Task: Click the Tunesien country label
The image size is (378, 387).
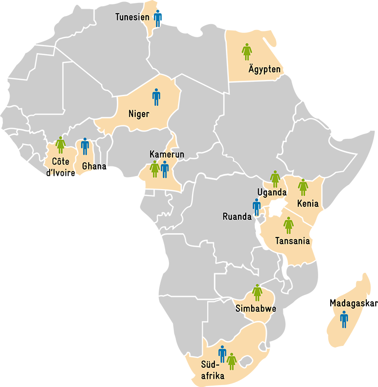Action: pos(132,17)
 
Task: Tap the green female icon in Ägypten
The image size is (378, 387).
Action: pos(247,52)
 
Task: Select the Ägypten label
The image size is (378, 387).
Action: pos(264,69)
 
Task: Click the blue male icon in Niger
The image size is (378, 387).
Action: pos(156,97)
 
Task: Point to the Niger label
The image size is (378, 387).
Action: pos(139,114)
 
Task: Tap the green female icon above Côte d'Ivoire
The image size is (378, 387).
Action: pos(60,145)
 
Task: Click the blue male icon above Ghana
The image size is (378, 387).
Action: pos(85,146)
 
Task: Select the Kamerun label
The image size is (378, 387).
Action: pos(167,154)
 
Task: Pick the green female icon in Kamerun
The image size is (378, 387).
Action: pos(154,169)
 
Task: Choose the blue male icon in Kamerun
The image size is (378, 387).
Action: pos(165,169)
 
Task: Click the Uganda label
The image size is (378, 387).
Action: pos(272,193)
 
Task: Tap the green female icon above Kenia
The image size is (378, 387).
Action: pos(303,187)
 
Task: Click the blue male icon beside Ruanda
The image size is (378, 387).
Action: pos(256,207)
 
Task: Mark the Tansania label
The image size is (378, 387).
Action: pos(292,241)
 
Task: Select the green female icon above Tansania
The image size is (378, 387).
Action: pos(288,225)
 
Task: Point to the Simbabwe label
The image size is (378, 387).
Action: pos(255,309)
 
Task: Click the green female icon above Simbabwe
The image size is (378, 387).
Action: pos(257,292)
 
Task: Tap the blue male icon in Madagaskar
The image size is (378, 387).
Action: pos(344,319)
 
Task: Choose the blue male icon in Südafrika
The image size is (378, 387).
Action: pos(222,354)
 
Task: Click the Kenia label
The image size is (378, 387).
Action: pos(308,204)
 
